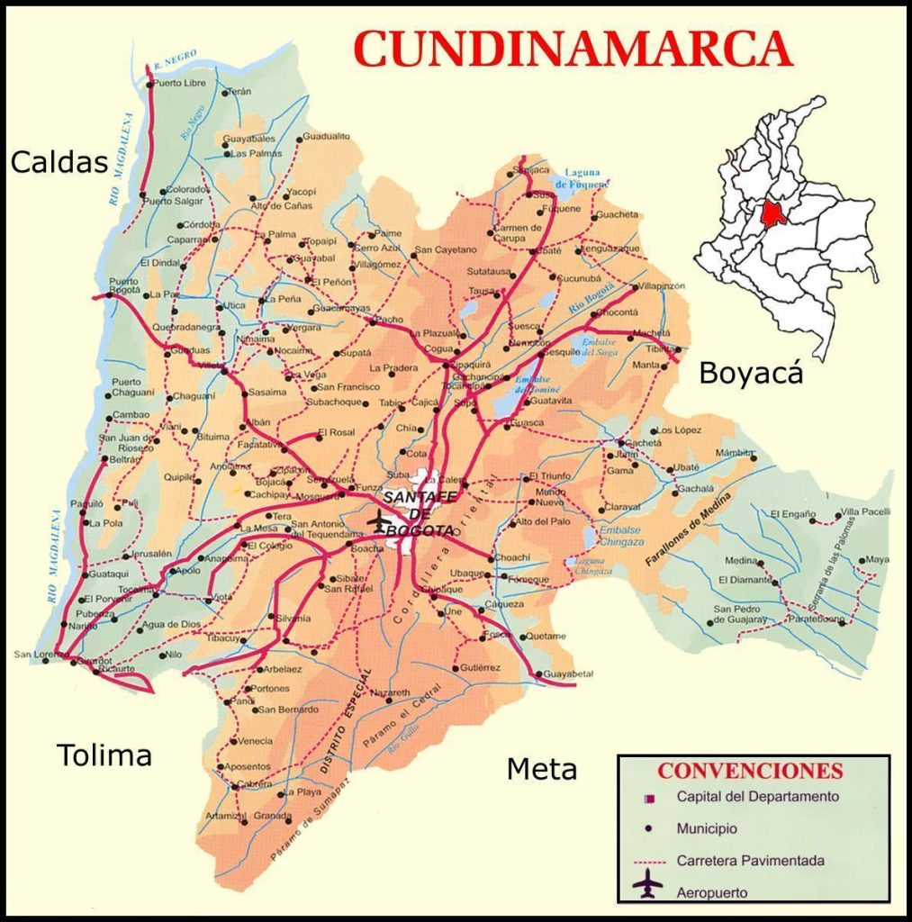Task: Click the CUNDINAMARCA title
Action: (573, 49)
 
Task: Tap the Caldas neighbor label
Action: (59, 162)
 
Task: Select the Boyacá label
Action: (751, 373)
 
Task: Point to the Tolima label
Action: (104, 755)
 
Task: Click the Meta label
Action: (541, 770)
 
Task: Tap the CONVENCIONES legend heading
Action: (750, 772)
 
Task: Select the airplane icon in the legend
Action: (647, 887)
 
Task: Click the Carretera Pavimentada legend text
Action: (750, 861)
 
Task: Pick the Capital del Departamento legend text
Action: (757, 797)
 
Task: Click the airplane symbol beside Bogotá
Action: (381, 521)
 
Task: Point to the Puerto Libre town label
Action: (179, 83)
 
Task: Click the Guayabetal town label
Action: (569, 673)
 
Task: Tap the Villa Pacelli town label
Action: (865, 512)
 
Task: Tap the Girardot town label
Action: (95, 660)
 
